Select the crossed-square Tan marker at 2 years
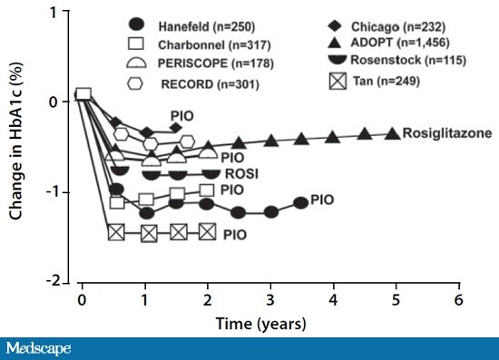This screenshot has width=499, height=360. [x=208, y=232]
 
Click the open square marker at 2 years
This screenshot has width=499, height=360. [x=208, y=190]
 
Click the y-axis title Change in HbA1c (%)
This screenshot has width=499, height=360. [x=17, y=145]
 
